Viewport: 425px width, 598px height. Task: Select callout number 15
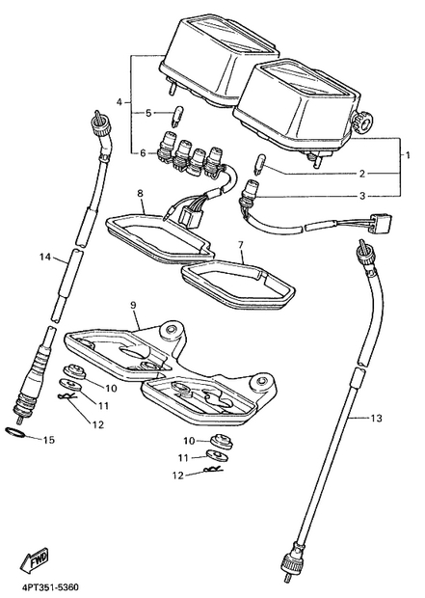[49, 440]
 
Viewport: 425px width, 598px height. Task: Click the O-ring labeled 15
[15, 432]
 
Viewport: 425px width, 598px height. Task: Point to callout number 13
[376, 419]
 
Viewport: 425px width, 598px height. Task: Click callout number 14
[45, 258]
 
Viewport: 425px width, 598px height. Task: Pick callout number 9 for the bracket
[133, 305]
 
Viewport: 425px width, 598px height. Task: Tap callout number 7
[241, 245]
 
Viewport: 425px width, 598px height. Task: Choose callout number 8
[141, 193]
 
